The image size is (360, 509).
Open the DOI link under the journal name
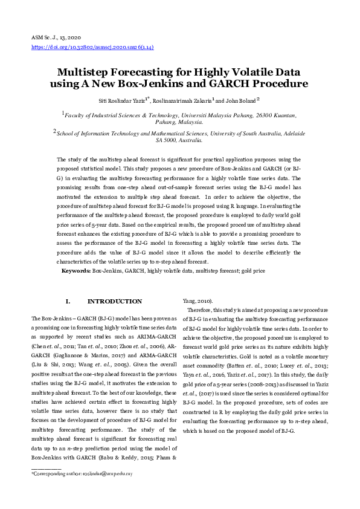point(92,47)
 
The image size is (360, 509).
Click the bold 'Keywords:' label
point(76,271)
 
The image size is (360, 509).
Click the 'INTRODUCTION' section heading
point(115,301)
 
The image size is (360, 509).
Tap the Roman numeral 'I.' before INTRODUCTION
point(68,301)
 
